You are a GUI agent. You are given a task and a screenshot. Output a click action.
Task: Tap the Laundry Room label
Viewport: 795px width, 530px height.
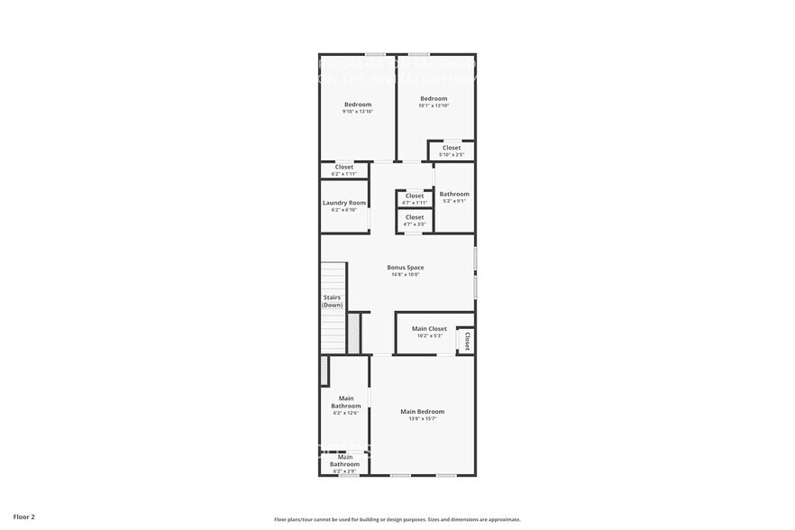344,203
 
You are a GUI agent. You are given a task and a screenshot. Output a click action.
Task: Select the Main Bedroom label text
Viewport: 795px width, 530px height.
423,412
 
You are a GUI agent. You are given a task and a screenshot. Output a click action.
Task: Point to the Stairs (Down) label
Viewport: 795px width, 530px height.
333,301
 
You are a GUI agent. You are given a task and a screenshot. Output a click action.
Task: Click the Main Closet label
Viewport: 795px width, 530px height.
429,329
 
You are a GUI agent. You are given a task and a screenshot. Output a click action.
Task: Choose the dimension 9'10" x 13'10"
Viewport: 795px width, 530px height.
357,112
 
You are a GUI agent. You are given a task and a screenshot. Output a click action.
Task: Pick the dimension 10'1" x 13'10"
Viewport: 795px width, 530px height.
434,105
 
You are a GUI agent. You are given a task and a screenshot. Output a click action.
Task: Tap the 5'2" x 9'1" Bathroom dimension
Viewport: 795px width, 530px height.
454,201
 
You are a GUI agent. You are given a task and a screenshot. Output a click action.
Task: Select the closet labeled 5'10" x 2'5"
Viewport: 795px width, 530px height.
452,155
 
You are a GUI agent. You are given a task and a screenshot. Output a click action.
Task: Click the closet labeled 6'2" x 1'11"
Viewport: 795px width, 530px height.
344,173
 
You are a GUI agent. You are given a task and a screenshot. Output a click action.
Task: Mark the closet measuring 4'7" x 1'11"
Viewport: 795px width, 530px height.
415,203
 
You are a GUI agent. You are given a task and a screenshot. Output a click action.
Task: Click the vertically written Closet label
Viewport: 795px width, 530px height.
468,341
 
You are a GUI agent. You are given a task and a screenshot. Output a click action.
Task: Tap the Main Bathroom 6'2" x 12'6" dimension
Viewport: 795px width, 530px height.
345,413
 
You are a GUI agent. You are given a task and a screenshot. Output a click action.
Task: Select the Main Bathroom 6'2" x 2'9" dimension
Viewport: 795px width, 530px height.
345,471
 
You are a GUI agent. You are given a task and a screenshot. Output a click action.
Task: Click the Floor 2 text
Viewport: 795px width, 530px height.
24,517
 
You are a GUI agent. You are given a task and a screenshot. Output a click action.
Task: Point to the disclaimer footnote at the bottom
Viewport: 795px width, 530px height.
397,520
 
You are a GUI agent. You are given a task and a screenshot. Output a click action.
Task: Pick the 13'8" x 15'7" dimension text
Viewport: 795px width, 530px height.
423,419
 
